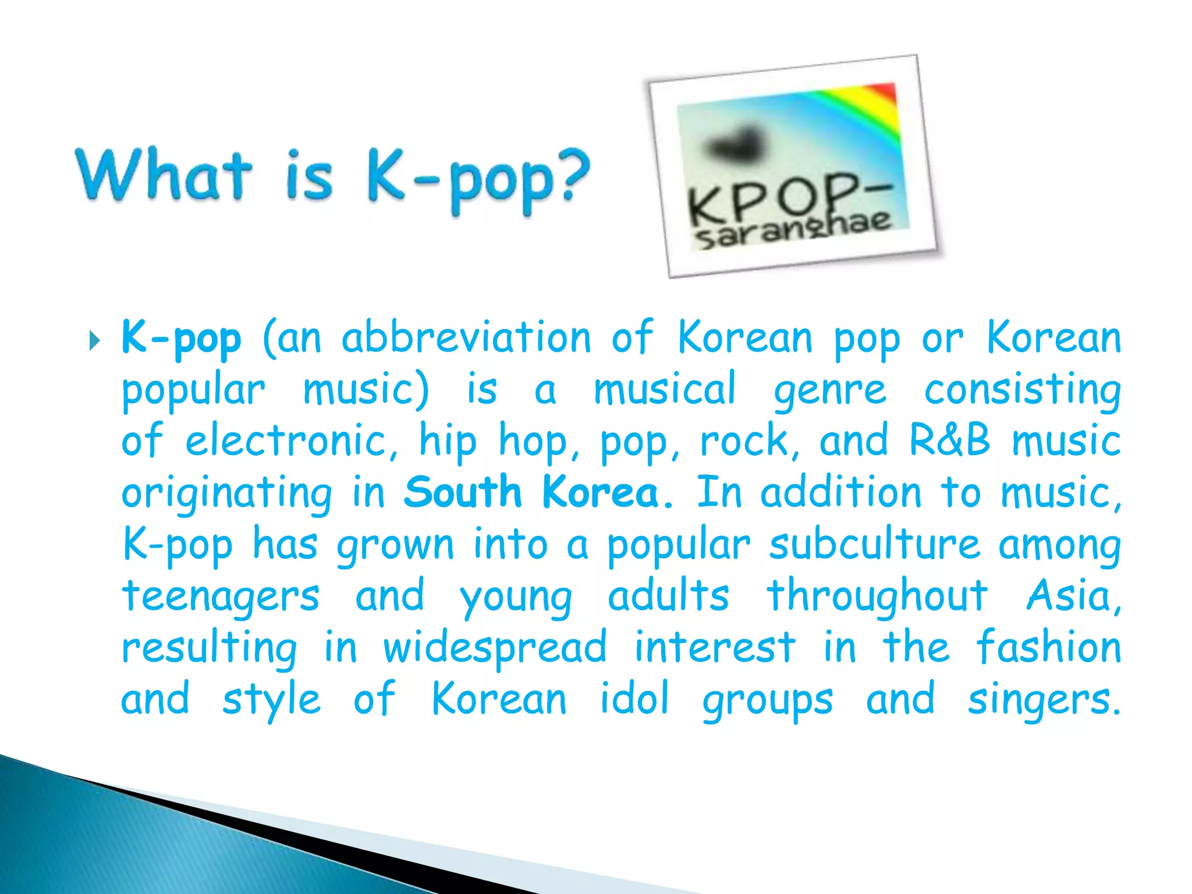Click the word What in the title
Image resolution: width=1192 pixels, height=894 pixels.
click(165, 175)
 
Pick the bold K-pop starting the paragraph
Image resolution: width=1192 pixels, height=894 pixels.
click(181, 338)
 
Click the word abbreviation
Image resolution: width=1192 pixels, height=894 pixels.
click(466, 338)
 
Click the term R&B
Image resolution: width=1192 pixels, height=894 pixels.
click(949, 441)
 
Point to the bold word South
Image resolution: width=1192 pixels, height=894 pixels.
click(463, 492)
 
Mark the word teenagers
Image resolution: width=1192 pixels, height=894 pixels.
click(221, 597)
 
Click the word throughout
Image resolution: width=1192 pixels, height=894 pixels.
click(877, 596)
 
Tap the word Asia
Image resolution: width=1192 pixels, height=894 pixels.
click(1073, 596)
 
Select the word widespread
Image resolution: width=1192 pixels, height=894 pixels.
click(495, 648)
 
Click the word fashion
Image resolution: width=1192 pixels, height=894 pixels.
click(1048, 647)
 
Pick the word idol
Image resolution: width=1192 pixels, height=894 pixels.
click(634, 698)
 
